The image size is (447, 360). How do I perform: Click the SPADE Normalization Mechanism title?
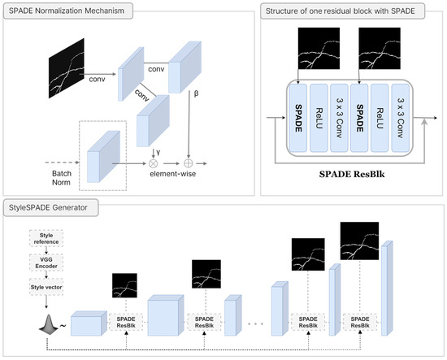(67, 11)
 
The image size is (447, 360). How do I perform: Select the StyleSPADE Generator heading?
(48, 207)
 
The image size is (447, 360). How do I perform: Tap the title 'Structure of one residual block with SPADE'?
(340, 11)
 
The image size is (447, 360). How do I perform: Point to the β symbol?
(196, 93)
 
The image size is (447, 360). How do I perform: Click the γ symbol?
(158, 153)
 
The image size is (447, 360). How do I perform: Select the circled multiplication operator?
(154, 163)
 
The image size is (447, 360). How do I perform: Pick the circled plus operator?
(189, 163)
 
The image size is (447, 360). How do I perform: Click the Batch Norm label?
(62, 178)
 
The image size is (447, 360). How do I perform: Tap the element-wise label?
(173, 174)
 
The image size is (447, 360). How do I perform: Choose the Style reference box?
(46, 238)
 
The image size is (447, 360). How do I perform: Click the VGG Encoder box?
(46, 262)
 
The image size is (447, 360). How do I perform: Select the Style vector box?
(46, 287)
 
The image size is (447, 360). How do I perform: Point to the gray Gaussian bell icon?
(49, 324)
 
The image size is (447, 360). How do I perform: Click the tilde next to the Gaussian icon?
(63, 326)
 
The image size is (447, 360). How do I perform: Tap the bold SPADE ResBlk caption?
(352, 174)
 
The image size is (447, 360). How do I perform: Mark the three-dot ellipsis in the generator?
(255, 323)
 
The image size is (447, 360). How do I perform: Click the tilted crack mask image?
(67, 68)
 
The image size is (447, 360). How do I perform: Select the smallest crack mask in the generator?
(124, 285)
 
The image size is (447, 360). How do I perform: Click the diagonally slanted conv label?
(141, 95)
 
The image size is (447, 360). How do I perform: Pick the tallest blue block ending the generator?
(387, 288)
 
